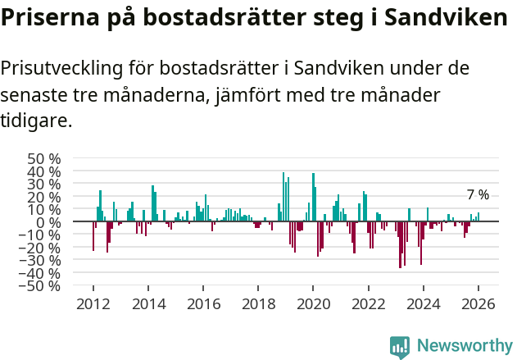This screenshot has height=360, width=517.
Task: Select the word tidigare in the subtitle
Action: (34, 121)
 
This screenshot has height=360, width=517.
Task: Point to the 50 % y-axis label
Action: (43, 158)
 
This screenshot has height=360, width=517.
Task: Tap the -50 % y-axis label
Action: (40, 286)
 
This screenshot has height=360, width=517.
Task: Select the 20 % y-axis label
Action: (43, 197)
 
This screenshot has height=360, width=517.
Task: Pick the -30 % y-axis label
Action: (40, 261)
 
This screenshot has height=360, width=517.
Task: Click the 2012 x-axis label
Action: (93, 303)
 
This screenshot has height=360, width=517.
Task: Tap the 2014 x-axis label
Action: (148, 303)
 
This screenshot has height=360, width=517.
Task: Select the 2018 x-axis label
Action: (258, 303)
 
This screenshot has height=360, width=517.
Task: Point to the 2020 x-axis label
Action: (313, 303)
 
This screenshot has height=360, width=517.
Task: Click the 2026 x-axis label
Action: (478, 303)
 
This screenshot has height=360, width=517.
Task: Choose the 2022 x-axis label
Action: (368, 303)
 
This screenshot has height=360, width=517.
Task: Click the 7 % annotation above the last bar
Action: (478, 195)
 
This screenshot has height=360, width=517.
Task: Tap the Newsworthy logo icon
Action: (400, 346)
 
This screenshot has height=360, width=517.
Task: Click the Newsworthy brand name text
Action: (465, 346)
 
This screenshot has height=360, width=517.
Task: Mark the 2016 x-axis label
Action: (203, 303)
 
